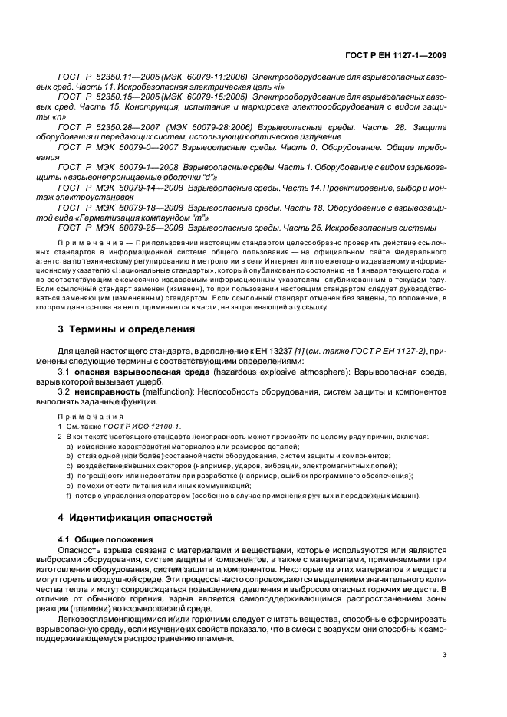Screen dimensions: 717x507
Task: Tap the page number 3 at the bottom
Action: click(x=444, y=655)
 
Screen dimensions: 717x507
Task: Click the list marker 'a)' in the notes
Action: click(x=70, y=445)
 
